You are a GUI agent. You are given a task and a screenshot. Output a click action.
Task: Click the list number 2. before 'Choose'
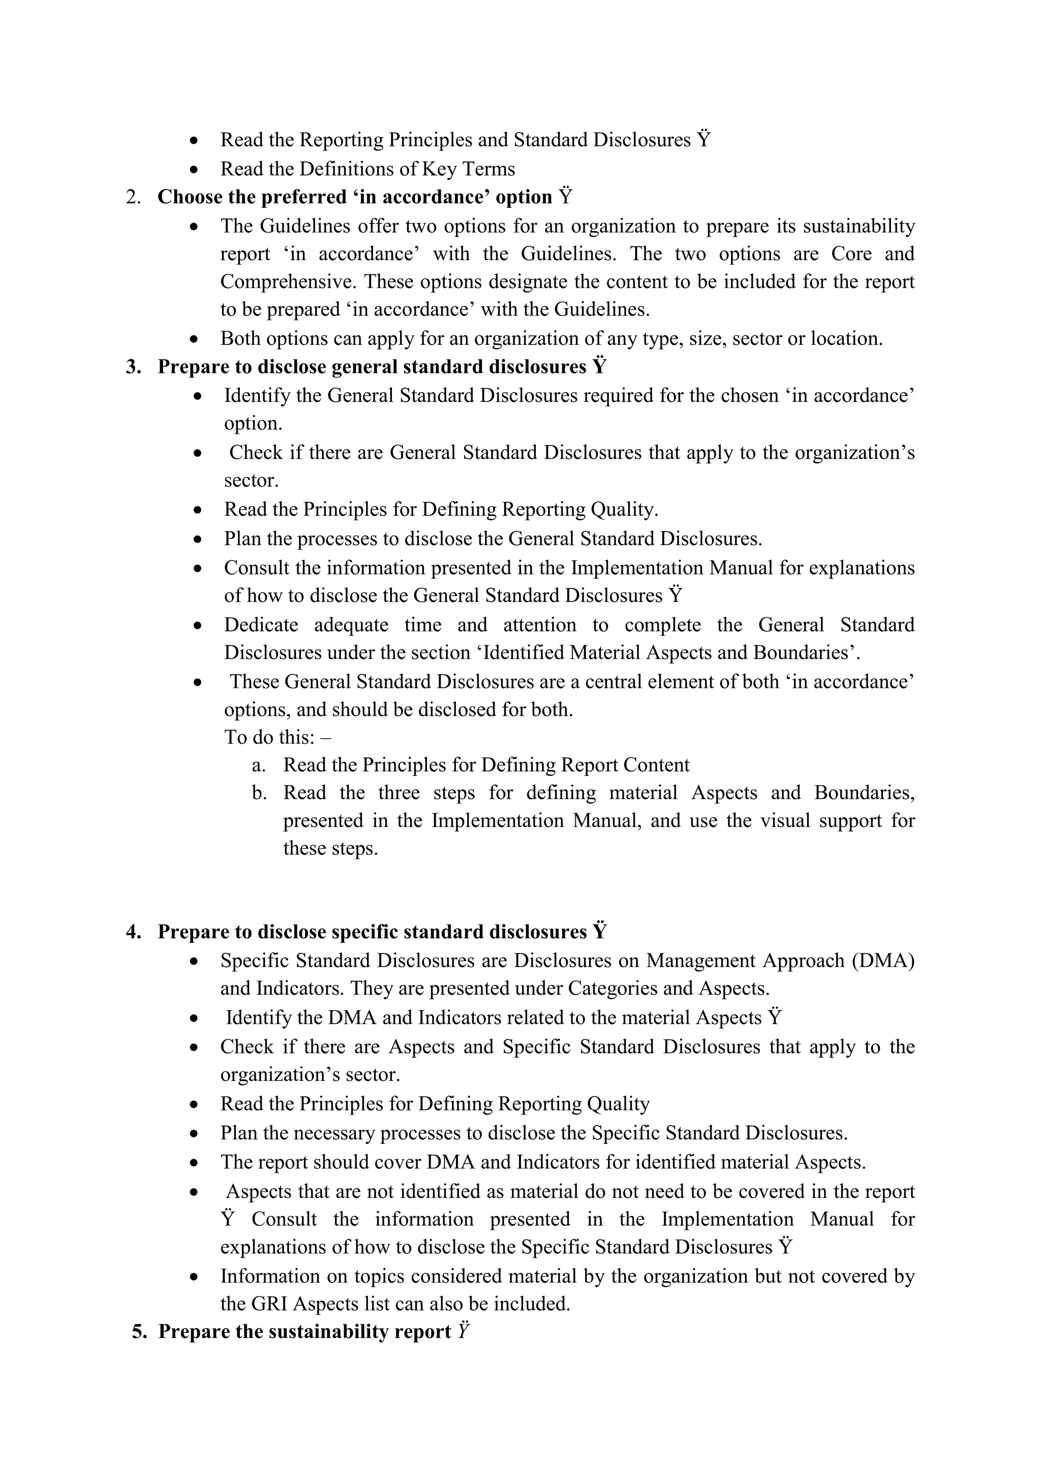[133, 197]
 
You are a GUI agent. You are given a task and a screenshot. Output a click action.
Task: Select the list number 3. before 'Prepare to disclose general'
[133, 367]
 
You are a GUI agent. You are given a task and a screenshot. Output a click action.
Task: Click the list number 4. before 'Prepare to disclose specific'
[133, 932]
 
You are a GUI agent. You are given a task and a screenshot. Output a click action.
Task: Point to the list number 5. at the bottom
[140, 1331]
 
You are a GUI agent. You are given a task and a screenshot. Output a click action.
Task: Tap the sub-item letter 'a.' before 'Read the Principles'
[258, 765]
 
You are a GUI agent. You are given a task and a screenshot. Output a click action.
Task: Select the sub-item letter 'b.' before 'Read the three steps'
[259, 793]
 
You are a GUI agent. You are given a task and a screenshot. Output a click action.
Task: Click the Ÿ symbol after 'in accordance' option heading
[565, 196]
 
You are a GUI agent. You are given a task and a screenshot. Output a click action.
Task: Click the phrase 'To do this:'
[270, 738]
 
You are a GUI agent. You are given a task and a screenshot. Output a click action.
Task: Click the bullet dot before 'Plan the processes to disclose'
[198, 539]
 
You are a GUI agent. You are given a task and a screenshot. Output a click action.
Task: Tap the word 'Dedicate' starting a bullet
[261, 625]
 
